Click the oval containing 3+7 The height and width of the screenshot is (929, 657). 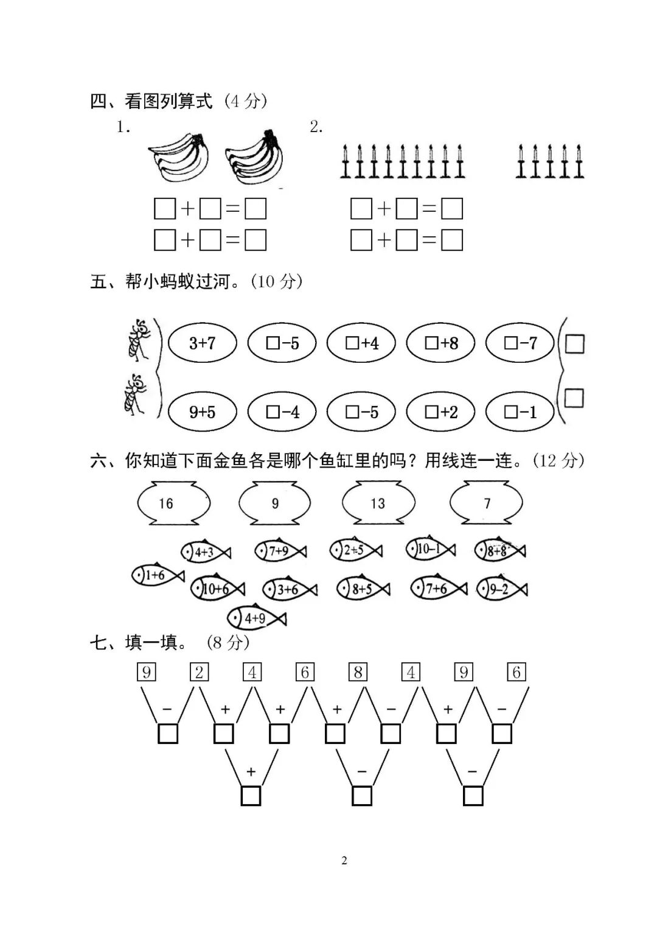(202, 343)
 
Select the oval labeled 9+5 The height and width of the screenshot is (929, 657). (202, 412)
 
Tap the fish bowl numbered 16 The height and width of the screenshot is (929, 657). (174, 503)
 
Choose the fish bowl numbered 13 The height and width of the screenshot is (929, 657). (378, 503)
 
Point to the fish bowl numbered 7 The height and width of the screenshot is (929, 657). (486, 503)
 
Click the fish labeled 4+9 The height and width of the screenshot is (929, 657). (255, 619)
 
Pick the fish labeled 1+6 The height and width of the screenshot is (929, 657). (156, 575)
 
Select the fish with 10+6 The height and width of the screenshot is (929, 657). (217, 588)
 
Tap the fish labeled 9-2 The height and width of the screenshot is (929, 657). (501, 589)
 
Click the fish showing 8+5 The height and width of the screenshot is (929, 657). (363, 588)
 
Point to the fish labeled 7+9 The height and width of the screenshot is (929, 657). (280, 551)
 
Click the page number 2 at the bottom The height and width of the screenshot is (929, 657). (344, 860)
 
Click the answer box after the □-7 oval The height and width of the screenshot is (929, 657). (574, 343)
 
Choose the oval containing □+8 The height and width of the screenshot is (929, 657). (440, 343)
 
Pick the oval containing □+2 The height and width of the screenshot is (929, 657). (440, 412)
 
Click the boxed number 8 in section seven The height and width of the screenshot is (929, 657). (358, 672)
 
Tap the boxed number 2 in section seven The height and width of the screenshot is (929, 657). (199, 672)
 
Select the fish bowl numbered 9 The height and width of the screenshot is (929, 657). (275, 503)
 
